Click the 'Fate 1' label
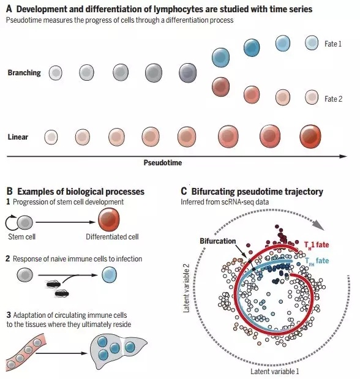[333, 43]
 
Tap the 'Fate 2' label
[333, 99]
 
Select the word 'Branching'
[24, 72]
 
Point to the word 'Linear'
[18, 137]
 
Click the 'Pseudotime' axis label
[163, 162]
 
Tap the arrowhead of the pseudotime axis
[343, 156]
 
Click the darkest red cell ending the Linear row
[310, 137]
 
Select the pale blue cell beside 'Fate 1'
[312, 43]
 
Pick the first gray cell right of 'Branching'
[55, 73]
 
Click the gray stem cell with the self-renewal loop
[25, 223]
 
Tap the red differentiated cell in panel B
[109, 220]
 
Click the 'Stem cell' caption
[22, 236]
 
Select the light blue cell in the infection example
[109, 274]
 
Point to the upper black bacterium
[53, 284]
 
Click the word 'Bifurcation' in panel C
[217, 241]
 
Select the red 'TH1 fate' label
[317, 245]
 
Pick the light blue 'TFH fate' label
[317, 261]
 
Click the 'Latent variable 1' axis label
[275, 371]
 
